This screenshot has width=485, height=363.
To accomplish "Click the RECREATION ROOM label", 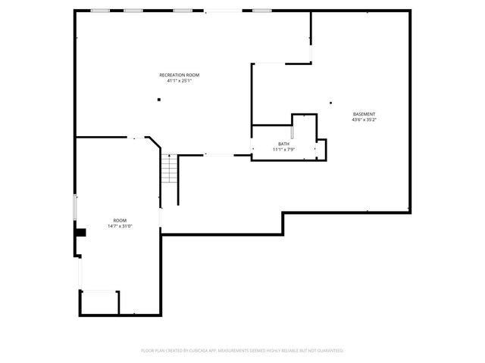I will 180,75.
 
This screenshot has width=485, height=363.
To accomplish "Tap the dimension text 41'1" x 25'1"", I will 180,81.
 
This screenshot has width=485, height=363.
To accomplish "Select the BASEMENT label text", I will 363,114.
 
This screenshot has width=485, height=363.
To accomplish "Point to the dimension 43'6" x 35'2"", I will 363,120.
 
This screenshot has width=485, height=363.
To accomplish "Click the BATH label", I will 283,144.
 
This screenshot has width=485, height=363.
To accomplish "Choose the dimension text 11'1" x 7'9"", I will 283,150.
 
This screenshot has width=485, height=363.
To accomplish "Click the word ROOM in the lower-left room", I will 120,220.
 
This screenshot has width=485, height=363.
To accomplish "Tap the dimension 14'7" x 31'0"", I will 120,226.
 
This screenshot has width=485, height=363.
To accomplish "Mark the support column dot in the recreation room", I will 159,99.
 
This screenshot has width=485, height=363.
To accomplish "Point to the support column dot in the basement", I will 330,103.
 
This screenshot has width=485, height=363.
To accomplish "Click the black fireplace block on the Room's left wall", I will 80,232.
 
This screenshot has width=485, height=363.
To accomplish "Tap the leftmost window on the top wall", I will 99,11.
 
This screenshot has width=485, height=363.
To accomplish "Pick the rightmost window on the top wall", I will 261,11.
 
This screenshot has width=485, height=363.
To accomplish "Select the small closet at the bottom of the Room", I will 99,302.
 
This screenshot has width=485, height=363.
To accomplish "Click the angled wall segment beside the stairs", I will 154,144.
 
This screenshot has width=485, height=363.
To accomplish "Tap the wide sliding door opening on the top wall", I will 221,11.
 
